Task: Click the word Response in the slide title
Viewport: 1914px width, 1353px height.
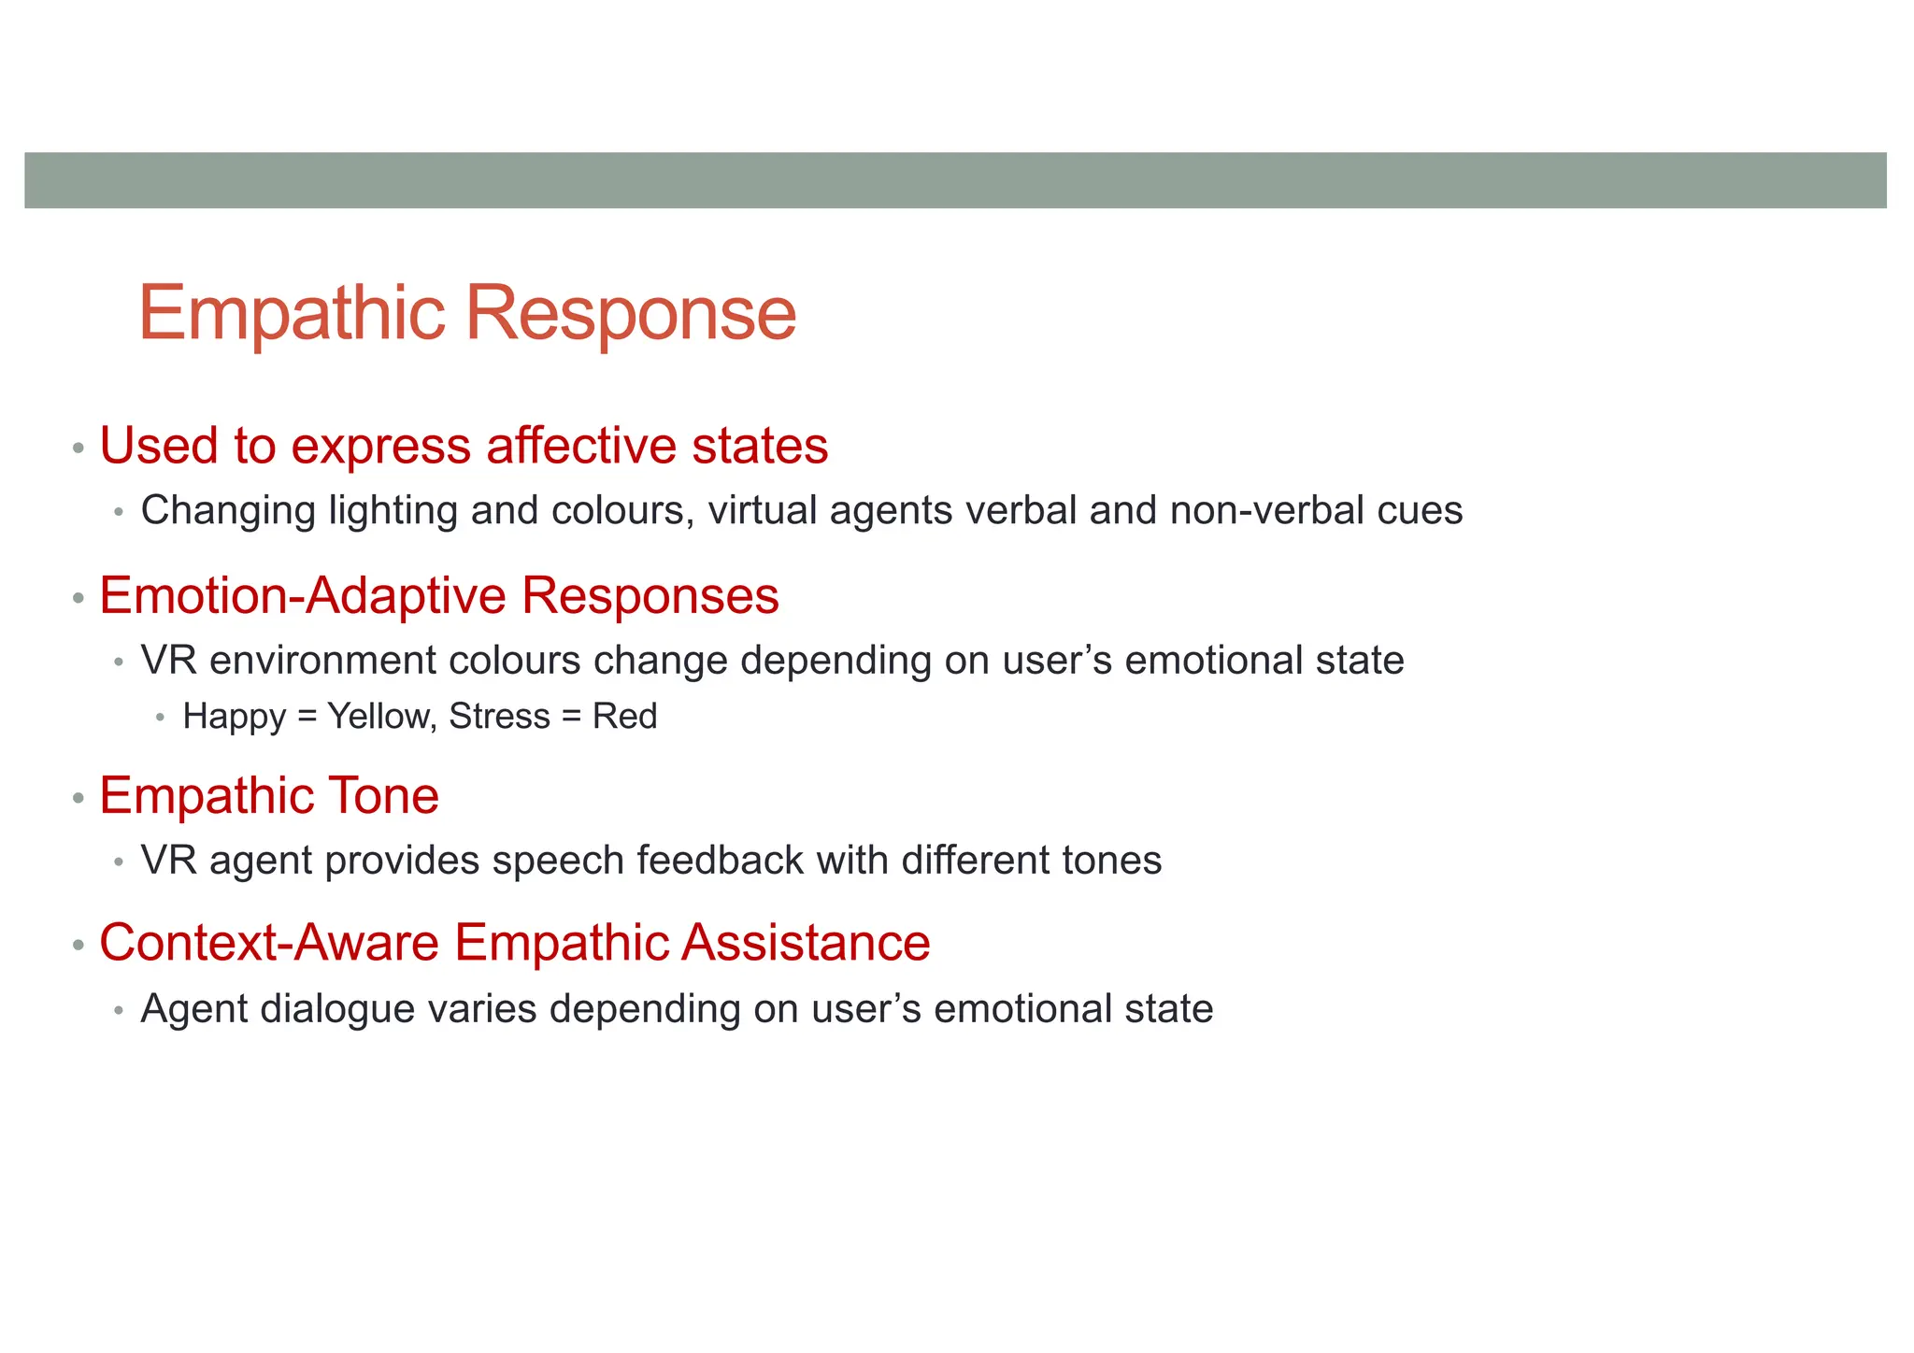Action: point(631,314)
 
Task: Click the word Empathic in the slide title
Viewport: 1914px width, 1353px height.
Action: point(292,314)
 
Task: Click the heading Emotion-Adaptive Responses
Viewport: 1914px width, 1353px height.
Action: point(438,596)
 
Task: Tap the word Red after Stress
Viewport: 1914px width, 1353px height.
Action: point(624,717)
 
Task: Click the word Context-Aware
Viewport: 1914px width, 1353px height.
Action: point(269,943)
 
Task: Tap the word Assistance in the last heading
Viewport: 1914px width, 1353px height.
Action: point(806,943)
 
